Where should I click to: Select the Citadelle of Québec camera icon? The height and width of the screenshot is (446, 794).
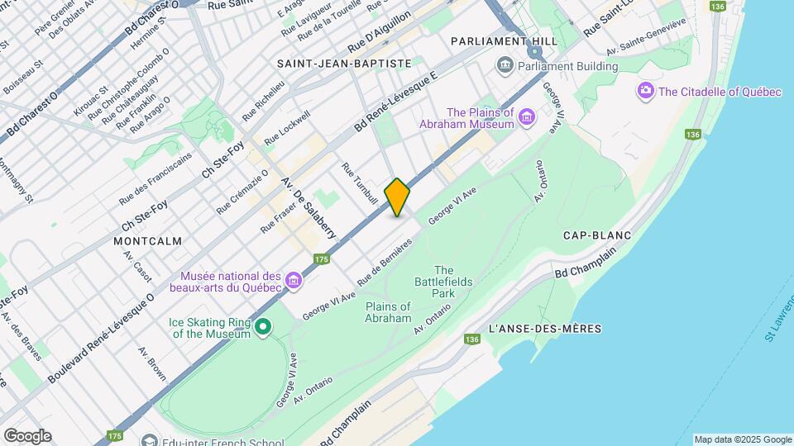(646, 92)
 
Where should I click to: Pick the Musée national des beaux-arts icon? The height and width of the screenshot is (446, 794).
(293, 282)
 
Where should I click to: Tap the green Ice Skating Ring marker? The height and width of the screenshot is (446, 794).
(263, 328)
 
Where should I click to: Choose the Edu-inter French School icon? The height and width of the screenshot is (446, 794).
(149, 440)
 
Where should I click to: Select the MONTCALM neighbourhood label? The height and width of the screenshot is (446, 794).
(148, 240)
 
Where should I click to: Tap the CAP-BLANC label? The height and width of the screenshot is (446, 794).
(597, 235)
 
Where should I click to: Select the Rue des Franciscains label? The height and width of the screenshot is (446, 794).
(155, 178)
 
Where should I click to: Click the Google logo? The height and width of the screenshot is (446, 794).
(27, 436)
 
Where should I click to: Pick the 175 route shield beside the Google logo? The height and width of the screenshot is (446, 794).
(115, 435)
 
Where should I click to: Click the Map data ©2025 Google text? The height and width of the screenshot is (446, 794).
(742, 439)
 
